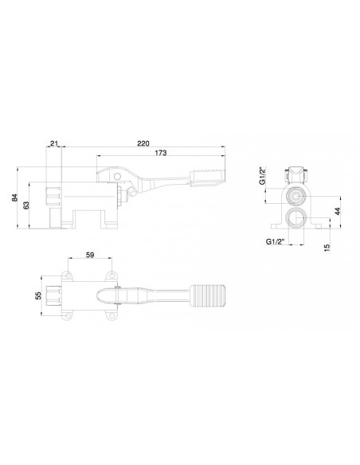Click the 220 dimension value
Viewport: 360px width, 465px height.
point(143,143)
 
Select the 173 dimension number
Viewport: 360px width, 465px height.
point(161,153)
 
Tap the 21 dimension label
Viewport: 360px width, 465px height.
point(53,143)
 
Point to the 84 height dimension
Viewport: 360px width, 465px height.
point(14,197)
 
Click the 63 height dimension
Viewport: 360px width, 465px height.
point(26,205)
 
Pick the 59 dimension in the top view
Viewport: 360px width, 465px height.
point(90,255)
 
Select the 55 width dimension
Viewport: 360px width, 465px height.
point(38,295)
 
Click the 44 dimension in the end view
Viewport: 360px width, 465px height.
point(338,212)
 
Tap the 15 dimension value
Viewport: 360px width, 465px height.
point(327,248)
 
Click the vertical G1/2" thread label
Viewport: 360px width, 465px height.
point(263,176)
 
